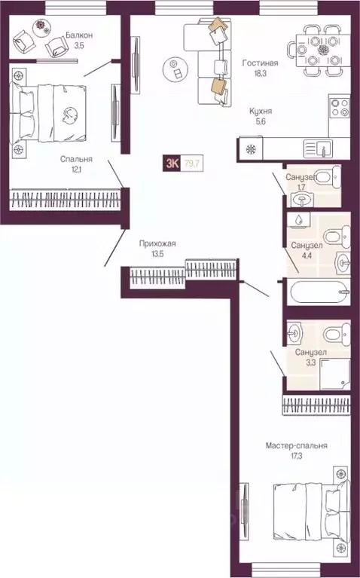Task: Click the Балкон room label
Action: [x=79, y=35]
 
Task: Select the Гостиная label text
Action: [x=258, y=64]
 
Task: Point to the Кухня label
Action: [x=261, y=111]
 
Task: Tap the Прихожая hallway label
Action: [x=157, y=243]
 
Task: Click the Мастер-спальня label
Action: [x=296, y=445]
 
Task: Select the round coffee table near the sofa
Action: [x=175, y=69]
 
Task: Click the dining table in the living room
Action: [x=324, y=50]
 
